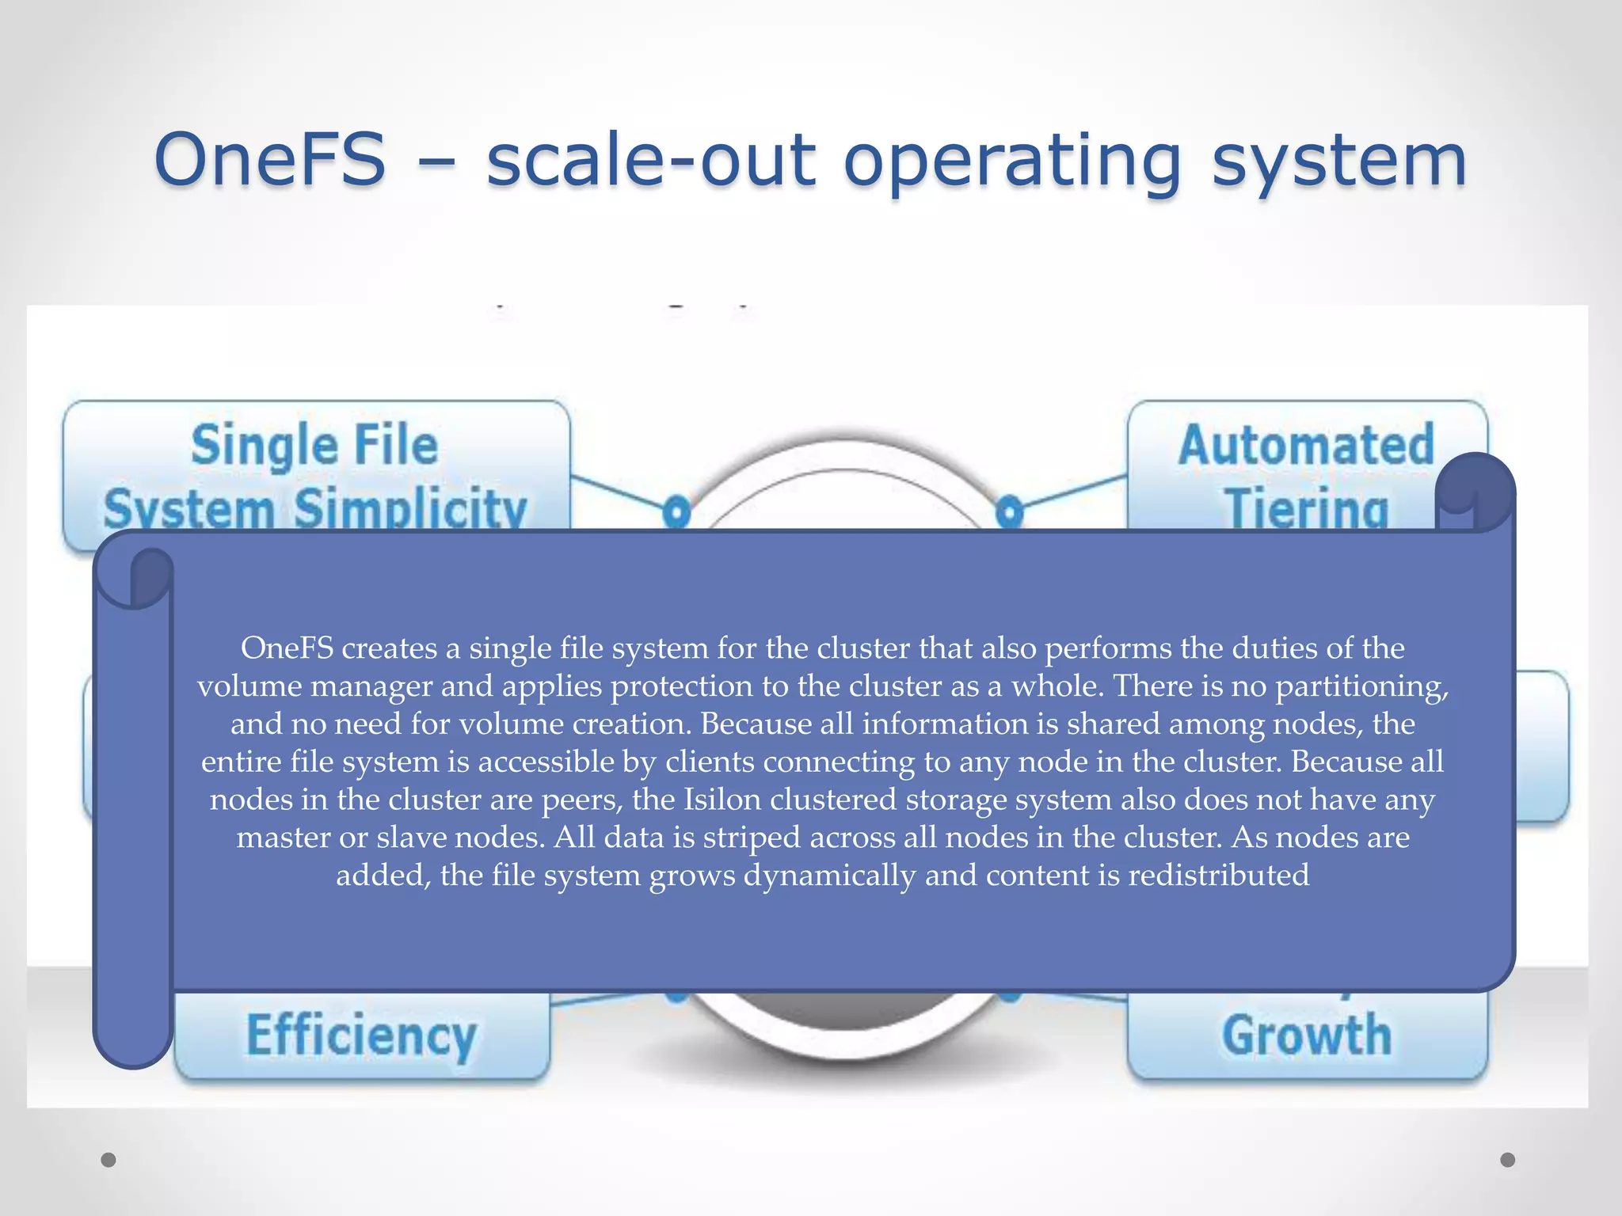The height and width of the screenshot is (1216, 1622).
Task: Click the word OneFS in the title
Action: pos(270,160)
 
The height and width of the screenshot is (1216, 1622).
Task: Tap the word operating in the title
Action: pos(1012,162)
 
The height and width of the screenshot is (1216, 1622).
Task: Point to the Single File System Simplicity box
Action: pos(315,475)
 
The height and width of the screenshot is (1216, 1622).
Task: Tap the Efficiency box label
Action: pos(361,1035)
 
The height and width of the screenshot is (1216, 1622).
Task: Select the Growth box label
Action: pos(1307,1035)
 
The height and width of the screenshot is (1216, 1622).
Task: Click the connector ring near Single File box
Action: pos(676,511)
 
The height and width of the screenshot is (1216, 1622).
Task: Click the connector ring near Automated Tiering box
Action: pos(1009,511)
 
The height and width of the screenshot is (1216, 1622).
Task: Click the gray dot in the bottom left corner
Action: pos(109,1160)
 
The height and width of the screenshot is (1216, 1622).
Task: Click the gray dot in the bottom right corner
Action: pos(1508,1160)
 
